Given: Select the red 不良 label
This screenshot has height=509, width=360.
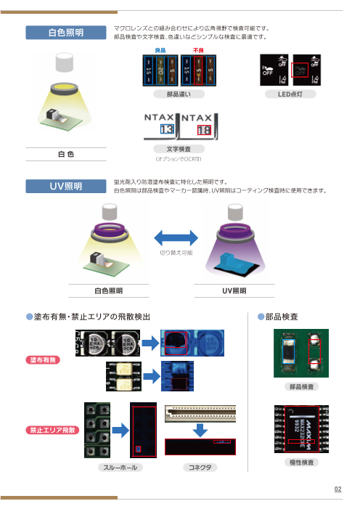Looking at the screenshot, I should [197, 50].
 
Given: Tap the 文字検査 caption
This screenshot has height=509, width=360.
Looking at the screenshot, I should [179, 148].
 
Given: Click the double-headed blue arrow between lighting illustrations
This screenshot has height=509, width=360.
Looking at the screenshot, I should [176, 237].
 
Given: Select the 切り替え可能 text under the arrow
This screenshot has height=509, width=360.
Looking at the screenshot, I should [176, 253].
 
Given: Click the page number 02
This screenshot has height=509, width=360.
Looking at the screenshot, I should [337, 489].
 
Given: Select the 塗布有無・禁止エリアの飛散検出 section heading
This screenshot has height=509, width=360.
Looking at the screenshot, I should [92, 317].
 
